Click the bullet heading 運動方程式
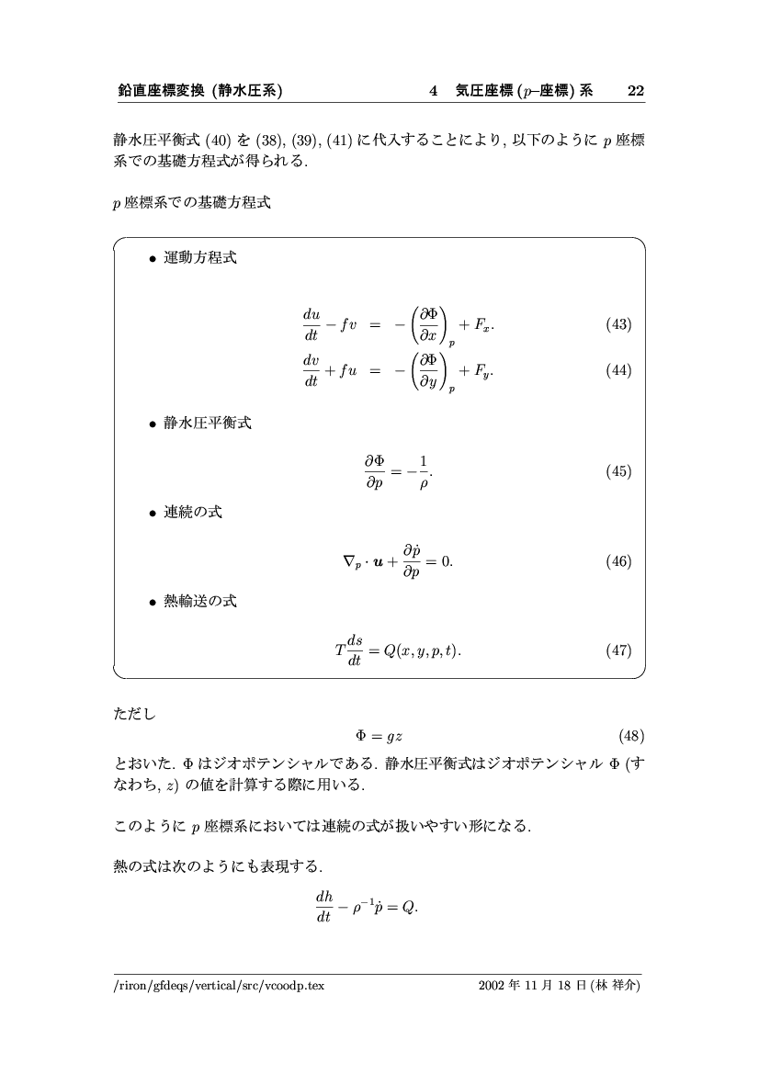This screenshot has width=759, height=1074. click(x=199, y=258)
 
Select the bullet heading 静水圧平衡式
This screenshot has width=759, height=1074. click(x=207, y=424)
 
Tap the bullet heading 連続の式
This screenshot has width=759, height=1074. click(x=192, y=512)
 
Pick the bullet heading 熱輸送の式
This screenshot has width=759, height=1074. click(x=199, y=601)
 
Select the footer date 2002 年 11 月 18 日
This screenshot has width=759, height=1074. click(x=534, y=986)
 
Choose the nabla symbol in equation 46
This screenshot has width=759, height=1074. click(x=347, y=562)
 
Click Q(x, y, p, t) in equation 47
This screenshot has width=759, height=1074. click(x=422, y=650)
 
